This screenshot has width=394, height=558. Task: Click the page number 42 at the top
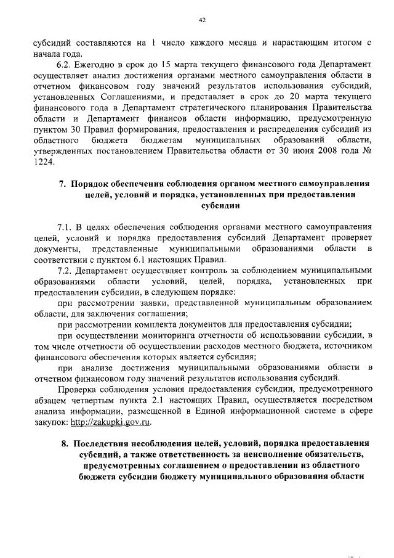click(x=201, y=20)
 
